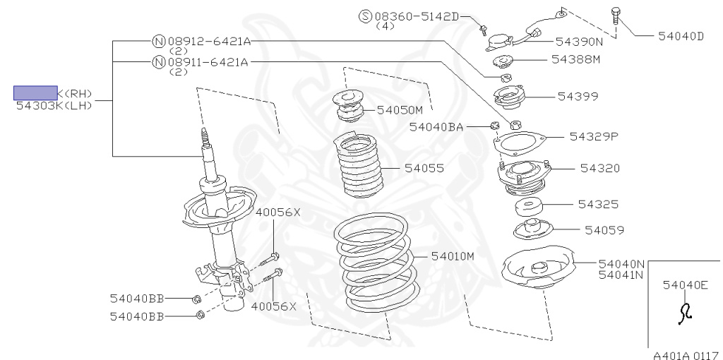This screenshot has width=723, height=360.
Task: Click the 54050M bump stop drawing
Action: coord(349,108)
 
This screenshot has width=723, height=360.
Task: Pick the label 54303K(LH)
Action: coord(54,105)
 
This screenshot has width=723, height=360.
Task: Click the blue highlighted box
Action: coord(36,92)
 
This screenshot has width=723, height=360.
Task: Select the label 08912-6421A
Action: coord(208,42)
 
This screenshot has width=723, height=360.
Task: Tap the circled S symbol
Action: coord(365,16)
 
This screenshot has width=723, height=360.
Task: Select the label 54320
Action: coord(600,168)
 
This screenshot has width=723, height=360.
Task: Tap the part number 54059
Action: coord(604,229)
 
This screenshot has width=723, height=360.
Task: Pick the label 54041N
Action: coord(621,275)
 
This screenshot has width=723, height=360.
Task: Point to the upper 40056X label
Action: coord(277,212)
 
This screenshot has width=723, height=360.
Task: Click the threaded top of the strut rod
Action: coord(205,135)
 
